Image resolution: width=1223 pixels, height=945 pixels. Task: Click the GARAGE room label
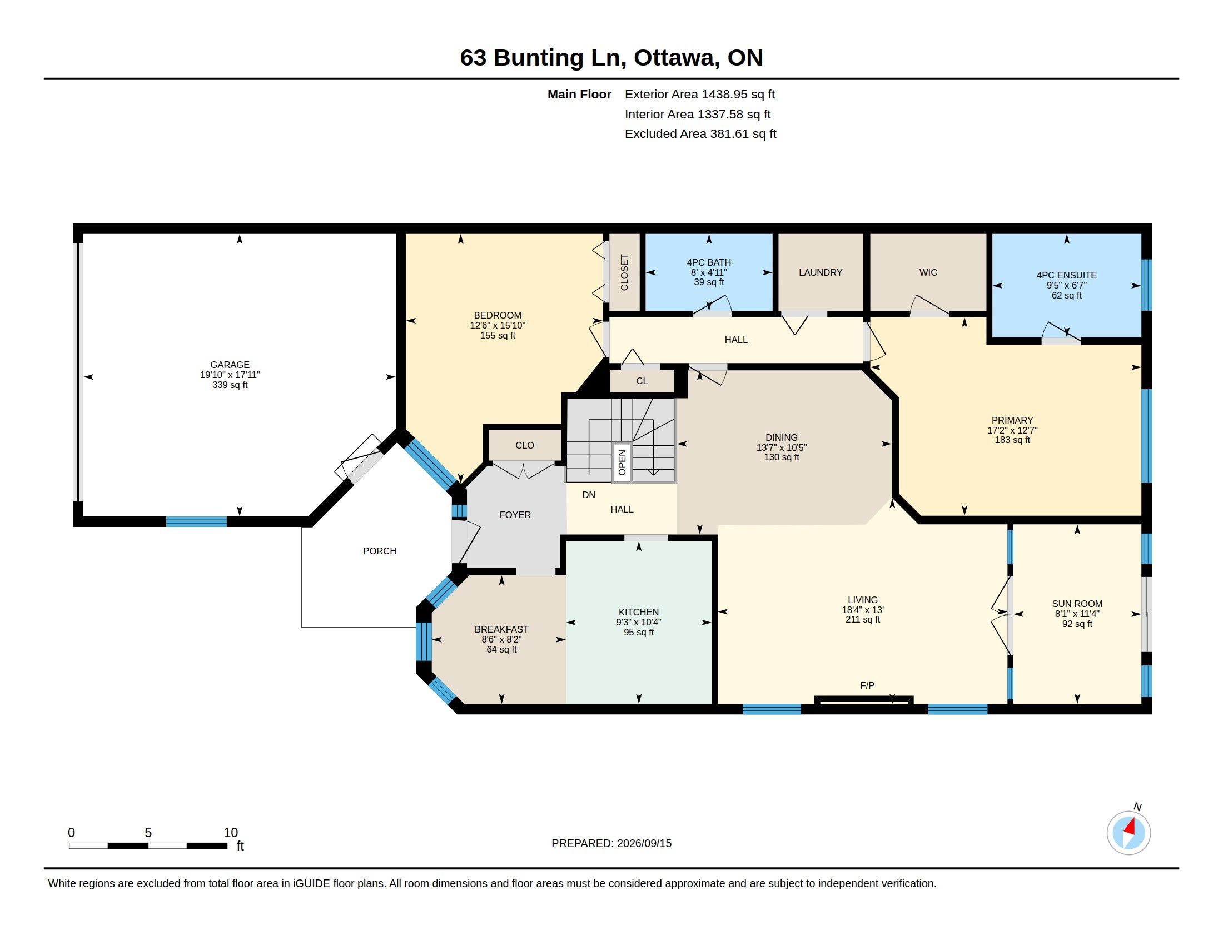point(230,365)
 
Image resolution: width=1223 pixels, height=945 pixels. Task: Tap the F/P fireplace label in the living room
point(867,685)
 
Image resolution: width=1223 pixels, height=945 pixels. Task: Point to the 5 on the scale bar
point(148,833)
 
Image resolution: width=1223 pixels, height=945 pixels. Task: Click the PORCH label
point(380,551)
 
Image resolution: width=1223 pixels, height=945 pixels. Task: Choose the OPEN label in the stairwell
point(622,462)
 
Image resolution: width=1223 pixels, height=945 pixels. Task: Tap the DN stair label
point(589,495)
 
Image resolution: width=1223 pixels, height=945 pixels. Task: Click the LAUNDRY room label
point(821,272)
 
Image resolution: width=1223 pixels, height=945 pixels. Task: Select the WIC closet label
point(928,272)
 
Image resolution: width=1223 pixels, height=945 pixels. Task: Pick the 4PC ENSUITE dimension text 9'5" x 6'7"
point(1066,285)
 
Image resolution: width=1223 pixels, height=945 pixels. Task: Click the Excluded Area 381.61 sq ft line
point(700,134)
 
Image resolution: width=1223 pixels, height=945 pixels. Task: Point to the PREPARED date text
point(611,843)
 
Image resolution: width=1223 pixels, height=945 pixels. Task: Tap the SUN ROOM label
point(1077,604)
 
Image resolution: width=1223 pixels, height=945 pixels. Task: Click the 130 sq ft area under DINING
point(782,457)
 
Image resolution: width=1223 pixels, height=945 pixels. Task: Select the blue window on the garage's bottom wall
point(197,522)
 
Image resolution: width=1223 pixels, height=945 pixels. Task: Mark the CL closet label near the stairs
point(642,381)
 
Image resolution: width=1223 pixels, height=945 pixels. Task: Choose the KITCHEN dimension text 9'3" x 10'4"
point(638,622)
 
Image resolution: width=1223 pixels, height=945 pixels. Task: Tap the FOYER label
point(515,515)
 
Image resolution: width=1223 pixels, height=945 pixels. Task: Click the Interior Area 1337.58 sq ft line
point(698,114)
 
